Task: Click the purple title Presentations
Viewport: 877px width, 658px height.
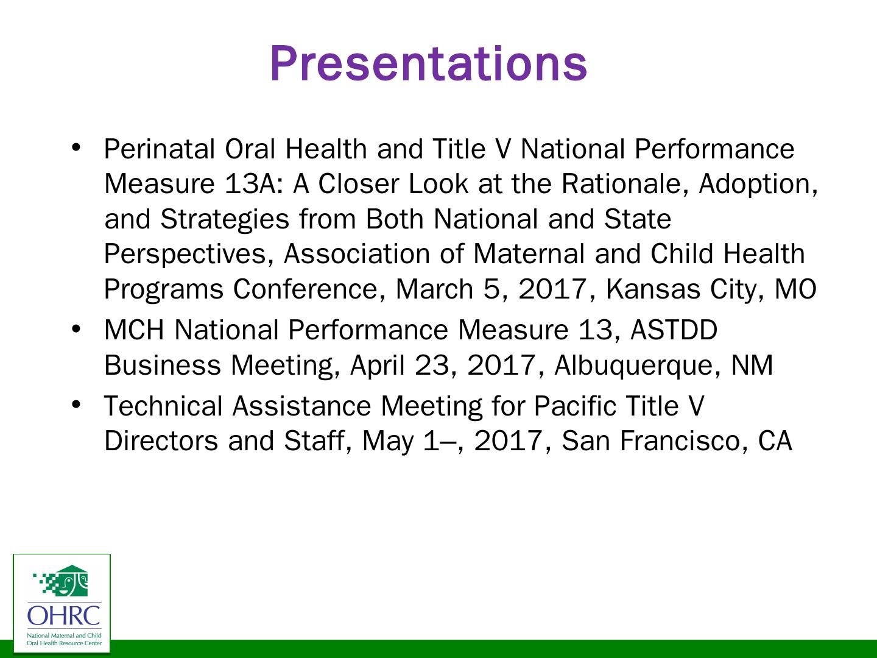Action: tap(428, 64)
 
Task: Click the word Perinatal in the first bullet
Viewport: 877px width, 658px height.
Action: tap(160, 149)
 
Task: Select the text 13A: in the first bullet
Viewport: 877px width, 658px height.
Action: tap(254, 184)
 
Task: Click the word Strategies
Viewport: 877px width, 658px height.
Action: tap(225, 220)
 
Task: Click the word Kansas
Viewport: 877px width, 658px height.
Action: tap(653, 289)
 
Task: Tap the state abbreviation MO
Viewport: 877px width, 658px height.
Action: tap(795, 289)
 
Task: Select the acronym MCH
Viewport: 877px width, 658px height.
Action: tap(134, 330)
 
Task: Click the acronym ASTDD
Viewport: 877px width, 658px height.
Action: tap(674, 330)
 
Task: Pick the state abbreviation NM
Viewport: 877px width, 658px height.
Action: tap(752, 365)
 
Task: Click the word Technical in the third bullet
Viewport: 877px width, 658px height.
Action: tap(163, 406)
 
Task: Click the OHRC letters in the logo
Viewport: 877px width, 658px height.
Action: tap(64, 615)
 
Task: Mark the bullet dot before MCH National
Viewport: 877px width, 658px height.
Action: tap(76, 330)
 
